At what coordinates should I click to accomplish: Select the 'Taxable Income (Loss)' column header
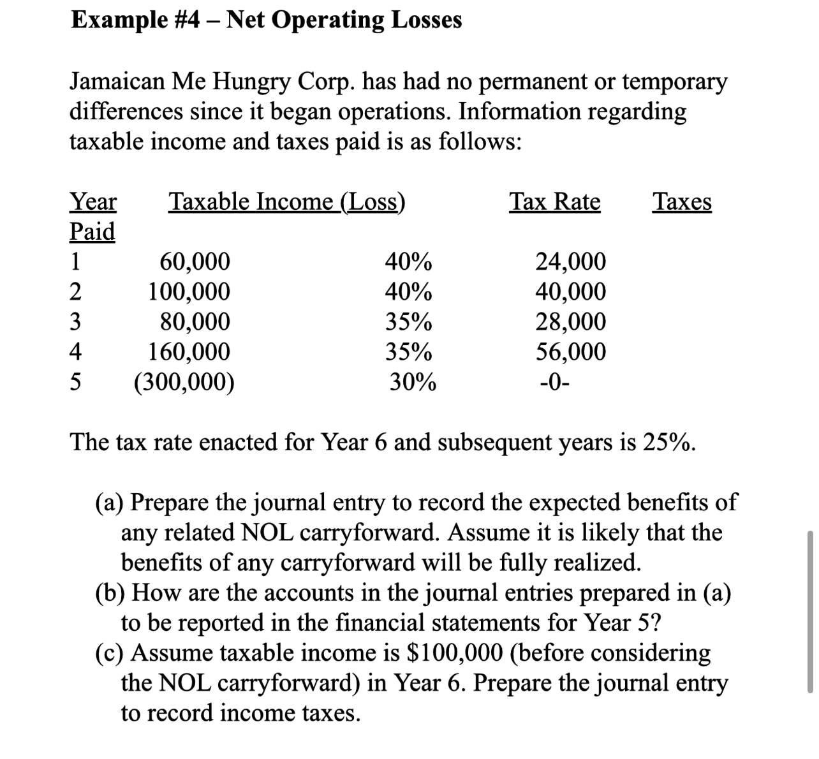pos(286,202)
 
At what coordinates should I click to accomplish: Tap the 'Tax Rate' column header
pos(554,202)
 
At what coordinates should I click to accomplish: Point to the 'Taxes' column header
pos(682,202)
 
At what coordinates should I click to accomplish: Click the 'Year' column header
pos(92,202)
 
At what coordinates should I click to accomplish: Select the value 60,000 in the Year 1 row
pos(195,262)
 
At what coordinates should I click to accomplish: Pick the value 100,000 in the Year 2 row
pos(189,291)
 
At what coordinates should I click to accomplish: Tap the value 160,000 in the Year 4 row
pos(189,351)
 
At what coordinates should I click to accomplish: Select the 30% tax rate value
pos(413,382)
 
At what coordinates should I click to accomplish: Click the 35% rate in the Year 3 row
pos(408,322)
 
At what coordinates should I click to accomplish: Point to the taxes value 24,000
pos(570,262)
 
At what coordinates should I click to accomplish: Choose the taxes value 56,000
pos(570,351)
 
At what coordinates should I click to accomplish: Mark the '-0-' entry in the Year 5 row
pos(555,382)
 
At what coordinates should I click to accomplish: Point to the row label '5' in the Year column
pos(75,382)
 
